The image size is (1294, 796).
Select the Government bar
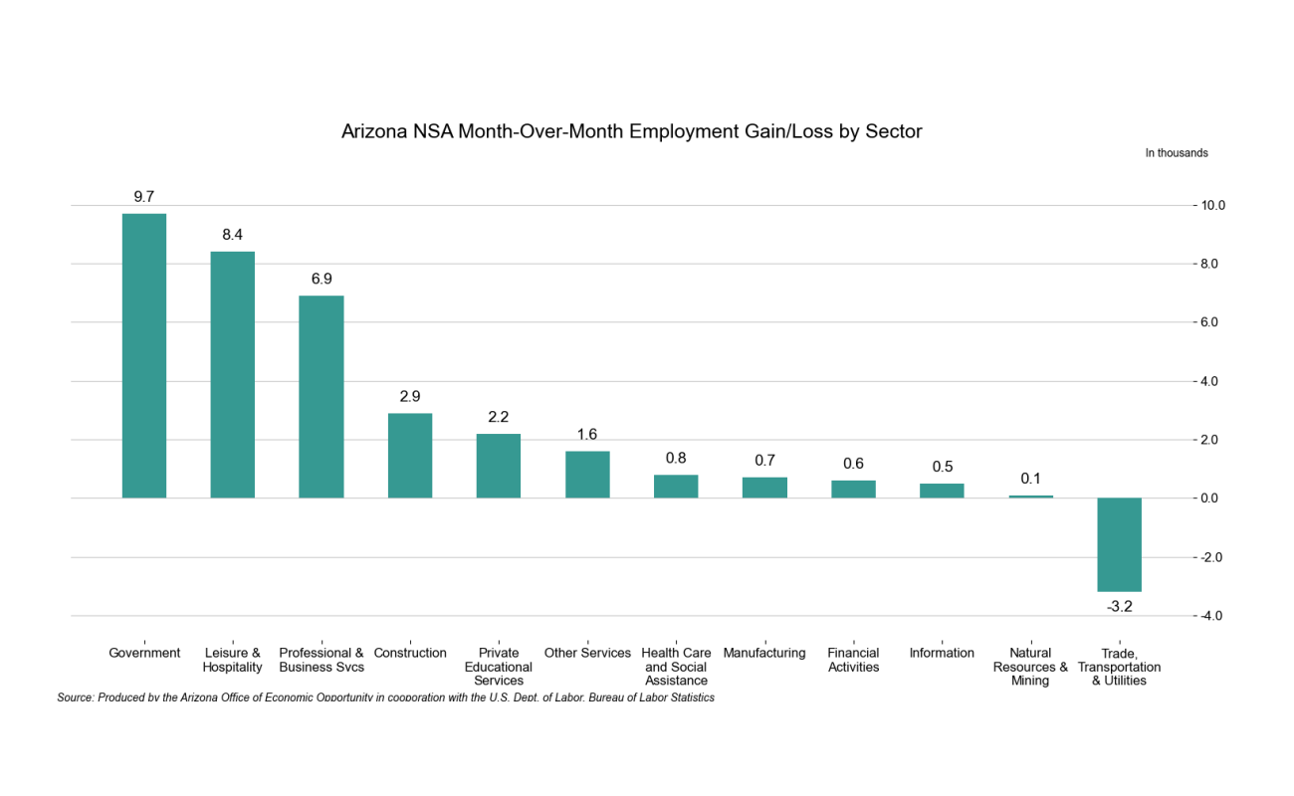(144, 355)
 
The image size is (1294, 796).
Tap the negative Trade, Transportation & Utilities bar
(1119, 544)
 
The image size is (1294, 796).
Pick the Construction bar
(410, 455)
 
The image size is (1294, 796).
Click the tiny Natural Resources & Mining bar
(1030, 497)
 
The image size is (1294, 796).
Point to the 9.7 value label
(144, 196)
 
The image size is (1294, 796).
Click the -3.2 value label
(1120, 606)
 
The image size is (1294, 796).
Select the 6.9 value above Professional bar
(322, 279)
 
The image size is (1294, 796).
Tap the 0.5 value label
(942, 467)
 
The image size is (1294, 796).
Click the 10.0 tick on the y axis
(1213, 206)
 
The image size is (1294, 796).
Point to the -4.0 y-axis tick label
(1211, 616)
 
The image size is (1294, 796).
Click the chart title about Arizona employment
(631, 131)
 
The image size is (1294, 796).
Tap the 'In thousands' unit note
(1176, 153)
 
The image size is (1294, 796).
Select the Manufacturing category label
(764, 653)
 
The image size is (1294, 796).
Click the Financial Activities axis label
(853, 660)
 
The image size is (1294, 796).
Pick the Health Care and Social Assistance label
(677, 667)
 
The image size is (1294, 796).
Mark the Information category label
(942, 653)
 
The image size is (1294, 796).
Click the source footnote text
(385, 697)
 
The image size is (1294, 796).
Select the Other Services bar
(587, 475)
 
